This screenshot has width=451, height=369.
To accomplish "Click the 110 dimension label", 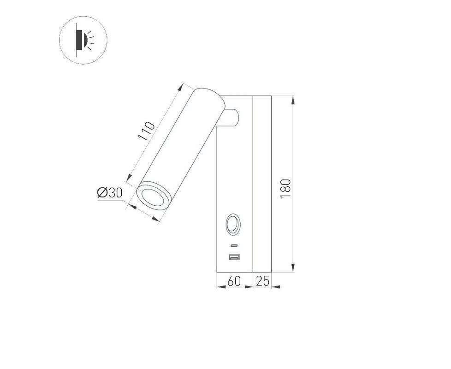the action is [x=147, y=131].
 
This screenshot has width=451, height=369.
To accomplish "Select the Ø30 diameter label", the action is [x=110, y=193].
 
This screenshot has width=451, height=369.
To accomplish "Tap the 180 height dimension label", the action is [x=285, y=188].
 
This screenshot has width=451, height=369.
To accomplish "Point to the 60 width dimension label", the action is [x=234, y=281].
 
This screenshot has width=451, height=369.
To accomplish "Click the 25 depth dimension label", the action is [x=262, y=281].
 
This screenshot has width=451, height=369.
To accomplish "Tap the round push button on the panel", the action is [x=233, y=224].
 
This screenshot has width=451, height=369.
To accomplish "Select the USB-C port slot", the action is [x=234, y=245].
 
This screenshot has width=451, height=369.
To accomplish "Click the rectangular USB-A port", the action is [x=234, y=257].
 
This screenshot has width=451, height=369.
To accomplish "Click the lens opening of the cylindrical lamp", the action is [x=153, y=197].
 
